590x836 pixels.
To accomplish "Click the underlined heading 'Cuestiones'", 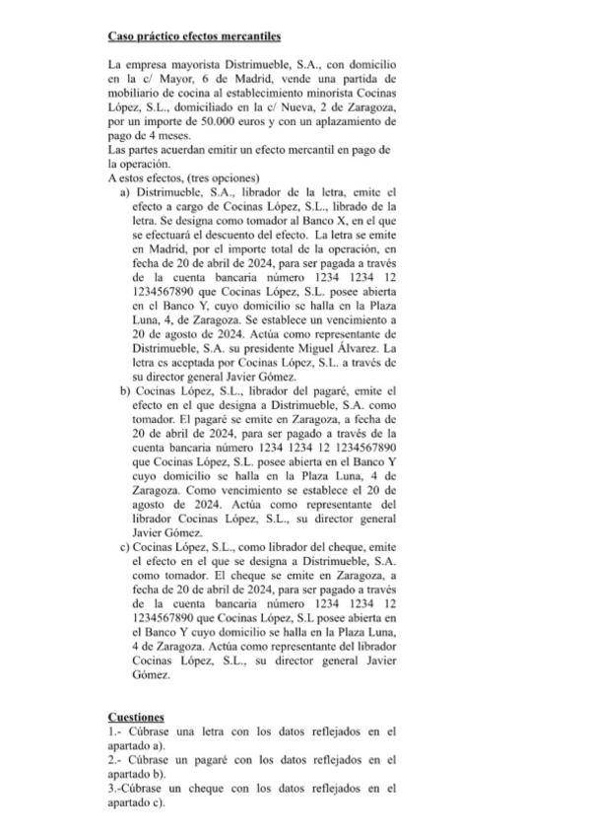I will pyautogui.click(x=136, y=717).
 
